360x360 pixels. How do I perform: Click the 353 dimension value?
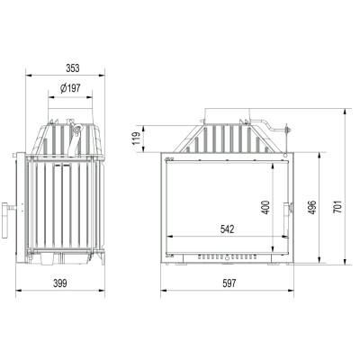tap(73, 68)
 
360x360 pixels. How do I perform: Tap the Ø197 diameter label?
tap(70, 88)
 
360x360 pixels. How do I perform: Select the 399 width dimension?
tap(60, 283)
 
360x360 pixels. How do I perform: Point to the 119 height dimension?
tap(137, 139)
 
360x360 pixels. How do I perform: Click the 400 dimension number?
tap(265, 207)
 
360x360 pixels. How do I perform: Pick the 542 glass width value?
tap(227, 229)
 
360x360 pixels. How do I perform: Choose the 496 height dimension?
tap(312, 207)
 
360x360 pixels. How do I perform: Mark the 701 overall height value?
tap(337, 207)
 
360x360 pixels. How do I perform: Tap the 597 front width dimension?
tap(229, 283)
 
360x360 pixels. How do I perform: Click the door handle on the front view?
tap(287, 219)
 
